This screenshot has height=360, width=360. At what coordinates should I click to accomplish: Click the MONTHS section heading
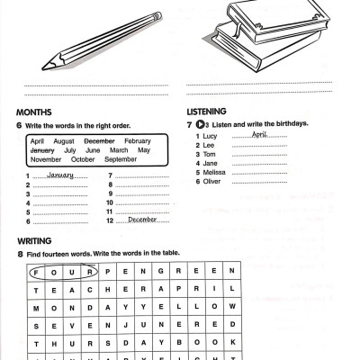tap(35, 112)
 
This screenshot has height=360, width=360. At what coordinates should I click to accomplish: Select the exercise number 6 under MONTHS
tap(19, 123)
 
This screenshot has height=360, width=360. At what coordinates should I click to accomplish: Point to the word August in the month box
tap(64, 142)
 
